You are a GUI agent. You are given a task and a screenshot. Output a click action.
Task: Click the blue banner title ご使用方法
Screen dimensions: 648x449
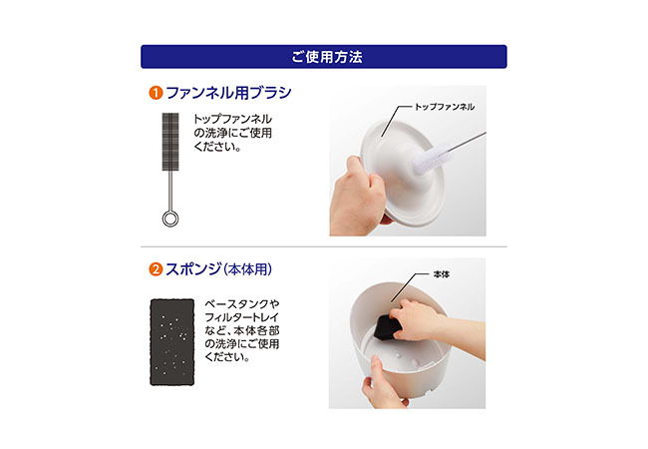tap(326, 57)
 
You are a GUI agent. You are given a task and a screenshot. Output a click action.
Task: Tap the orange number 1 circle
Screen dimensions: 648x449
tap(156, 93)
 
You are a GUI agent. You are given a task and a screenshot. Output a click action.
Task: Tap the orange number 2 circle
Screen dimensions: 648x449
tap(156, 269)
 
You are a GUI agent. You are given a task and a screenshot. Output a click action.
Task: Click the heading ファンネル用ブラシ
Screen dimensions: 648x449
tap(228, 93)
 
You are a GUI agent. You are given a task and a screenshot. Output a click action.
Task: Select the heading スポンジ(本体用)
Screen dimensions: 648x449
tap(218, 269)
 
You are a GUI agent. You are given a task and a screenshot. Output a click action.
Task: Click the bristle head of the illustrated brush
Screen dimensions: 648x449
tap(170, 142)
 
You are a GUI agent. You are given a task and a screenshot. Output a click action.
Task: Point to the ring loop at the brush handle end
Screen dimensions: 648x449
tap(170, 219)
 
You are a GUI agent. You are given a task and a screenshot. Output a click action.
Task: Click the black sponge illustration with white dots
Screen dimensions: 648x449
tap(171, 342)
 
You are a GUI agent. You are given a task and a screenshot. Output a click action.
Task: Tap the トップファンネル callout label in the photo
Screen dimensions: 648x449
tap(445, 107)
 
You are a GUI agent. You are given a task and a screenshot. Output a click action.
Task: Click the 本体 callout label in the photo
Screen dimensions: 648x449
tap(442, 274)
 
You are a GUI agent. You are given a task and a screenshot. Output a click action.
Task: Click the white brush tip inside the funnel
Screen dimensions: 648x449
tap(430, 159)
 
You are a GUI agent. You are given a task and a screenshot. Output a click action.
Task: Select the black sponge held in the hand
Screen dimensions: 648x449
tap(387, 327)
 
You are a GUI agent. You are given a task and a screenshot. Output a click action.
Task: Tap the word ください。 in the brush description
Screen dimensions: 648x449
tap(217, 147)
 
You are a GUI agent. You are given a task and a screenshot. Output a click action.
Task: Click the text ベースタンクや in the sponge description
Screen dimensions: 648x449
tap(242, 304)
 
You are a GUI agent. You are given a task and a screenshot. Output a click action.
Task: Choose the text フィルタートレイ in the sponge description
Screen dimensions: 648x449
tap(242, 317)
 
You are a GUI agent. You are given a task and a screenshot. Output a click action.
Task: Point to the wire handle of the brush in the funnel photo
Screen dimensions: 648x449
tap(467, 142)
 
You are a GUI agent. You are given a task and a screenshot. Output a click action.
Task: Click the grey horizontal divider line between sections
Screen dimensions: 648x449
tap(324, 246)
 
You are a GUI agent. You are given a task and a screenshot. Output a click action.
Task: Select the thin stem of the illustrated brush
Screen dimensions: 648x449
tap(170, 191)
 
